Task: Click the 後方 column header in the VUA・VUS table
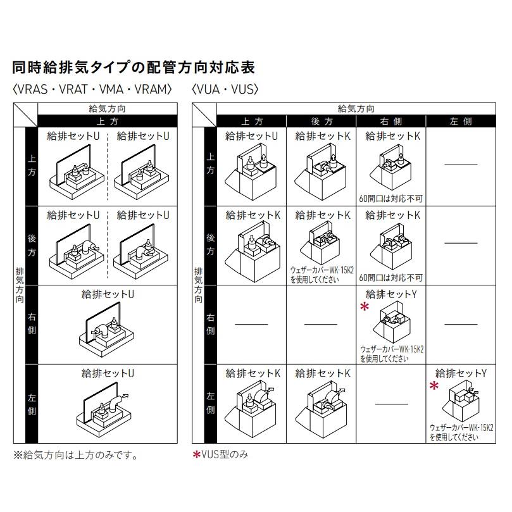(322, 121)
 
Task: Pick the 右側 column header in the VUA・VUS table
(391, 121)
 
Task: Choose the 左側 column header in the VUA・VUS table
(461, 121)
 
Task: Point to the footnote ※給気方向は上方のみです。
(75, 454)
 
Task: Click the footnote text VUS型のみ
(222, 454)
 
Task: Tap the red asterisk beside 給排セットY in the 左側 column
(434, 385)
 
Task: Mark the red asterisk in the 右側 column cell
(364, 307)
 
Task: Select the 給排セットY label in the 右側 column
(392, 294)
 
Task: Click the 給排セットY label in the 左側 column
(461, 373)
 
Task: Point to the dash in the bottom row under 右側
(391, 403)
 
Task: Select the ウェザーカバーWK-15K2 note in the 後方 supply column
(322, 274)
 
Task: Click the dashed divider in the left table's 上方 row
(107, 165)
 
